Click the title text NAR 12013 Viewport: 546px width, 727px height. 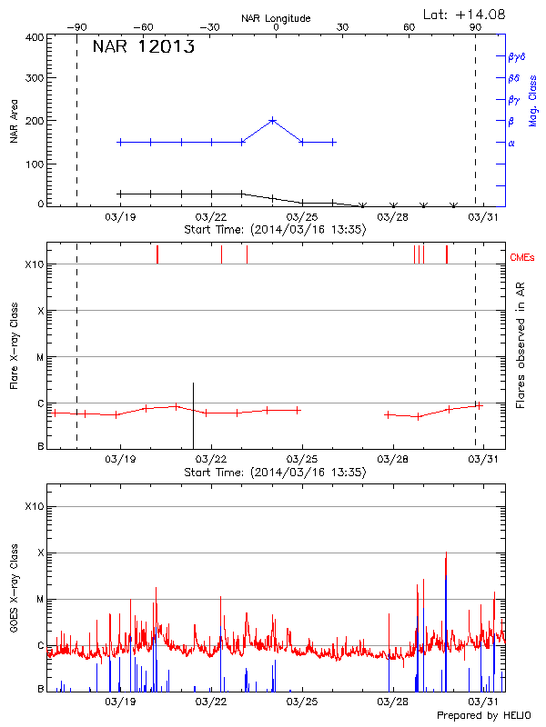pyautogui.click(x=144, y=48)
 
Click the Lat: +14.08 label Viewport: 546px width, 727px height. pyautogui.click(x=465, y=13)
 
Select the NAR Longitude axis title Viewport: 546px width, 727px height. pyautogui.click(x=276, y=18)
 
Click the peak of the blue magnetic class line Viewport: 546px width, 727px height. pyautogui.click(x=272, y=120)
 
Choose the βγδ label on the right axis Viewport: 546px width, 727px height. pyautogui.click(x=517, y=56)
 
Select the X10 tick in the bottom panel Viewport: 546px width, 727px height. pyautogui.click(x=35, y=506)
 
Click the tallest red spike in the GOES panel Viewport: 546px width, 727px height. pyautogui.click(x=446, y=553)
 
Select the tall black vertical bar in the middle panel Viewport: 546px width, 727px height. pyautogui.click(x=193, y=414)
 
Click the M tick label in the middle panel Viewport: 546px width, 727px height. pyautogui.click(x=39, y=357)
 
